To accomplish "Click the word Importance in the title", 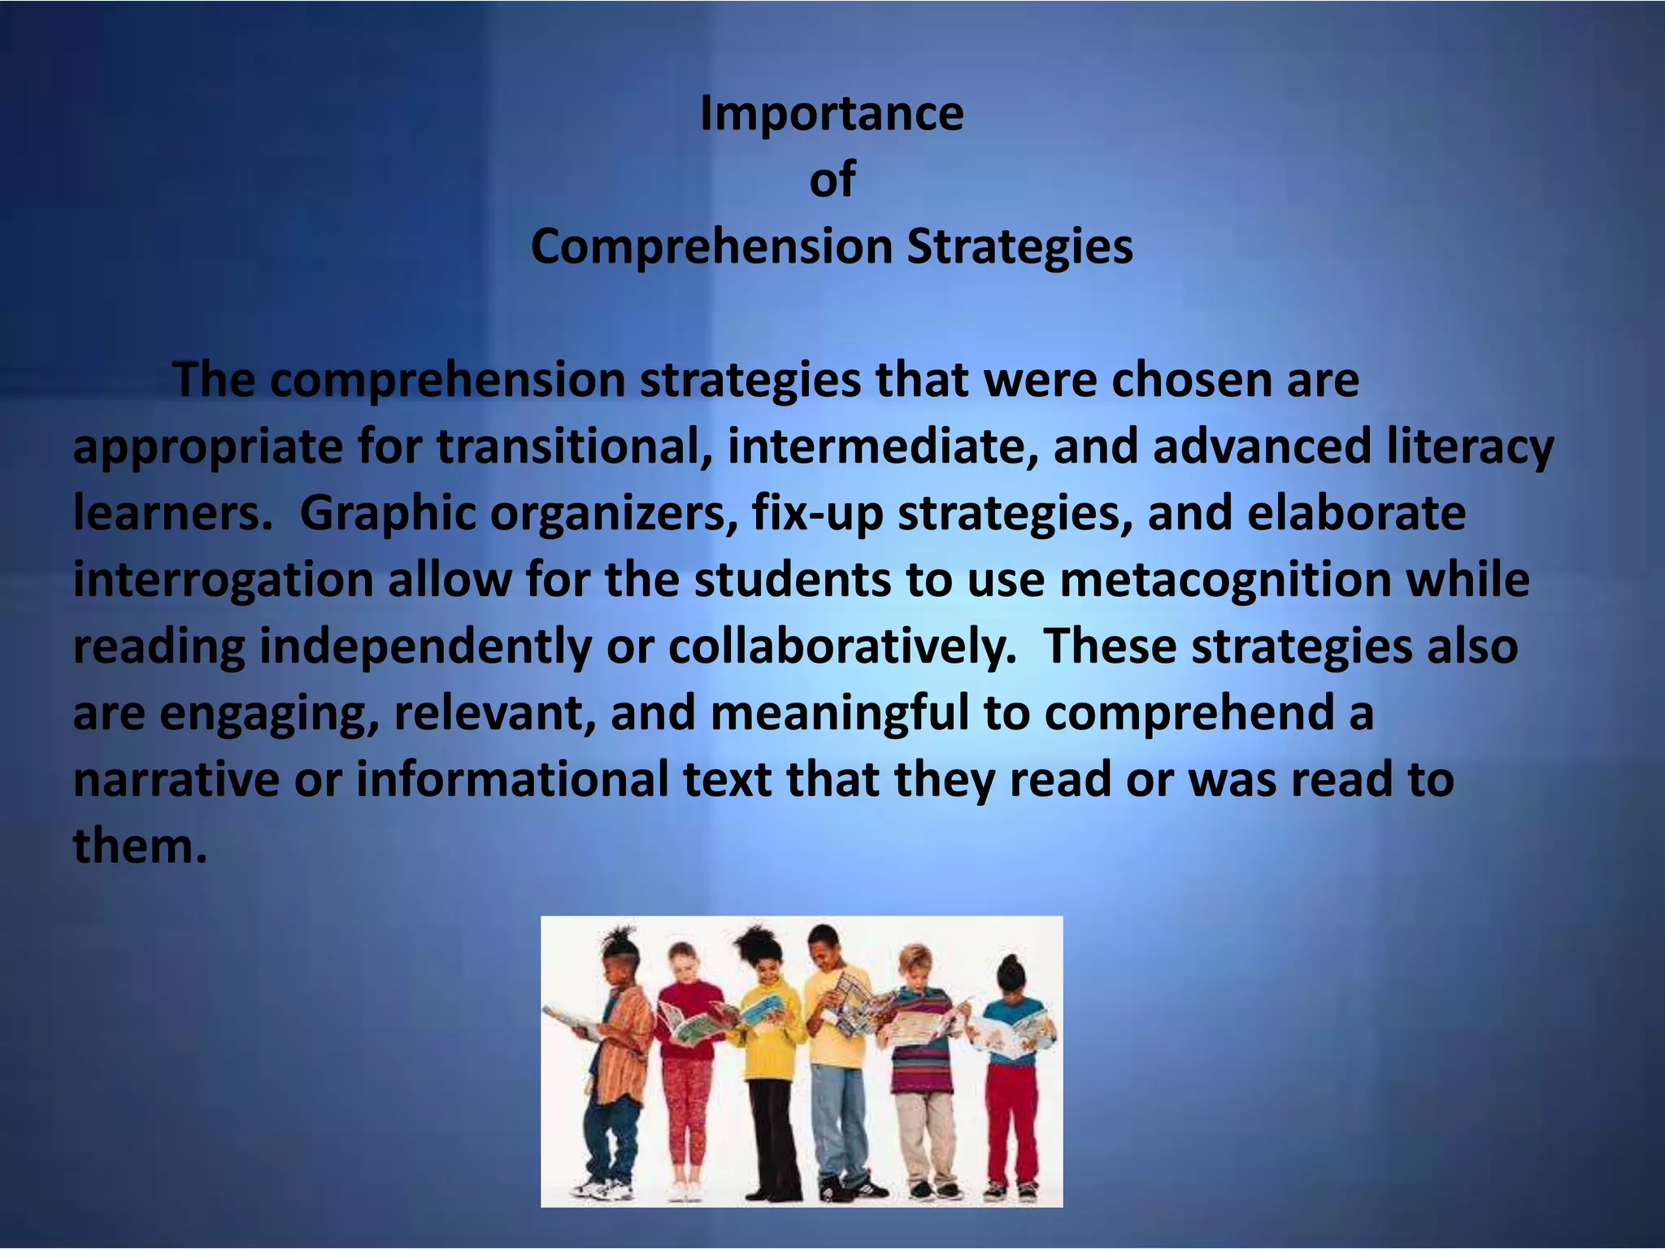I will pos(832,113).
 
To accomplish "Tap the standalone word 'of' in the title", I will pos(832,180).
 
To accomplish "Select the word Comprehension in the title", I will pos(711,246).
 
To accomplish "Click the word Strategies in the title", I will pos(1019,246).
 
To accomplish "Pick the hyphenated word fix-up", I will pos(817,513).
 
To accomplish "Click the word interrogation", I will pos(223,580).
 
